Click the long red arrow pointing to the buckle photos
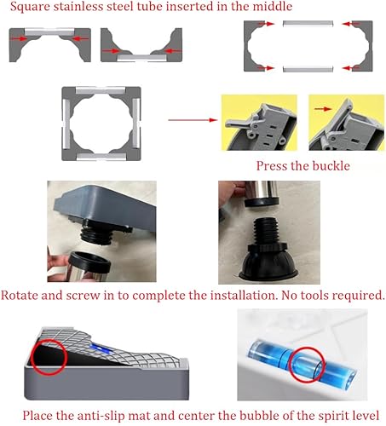click(x=188, y=121)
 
